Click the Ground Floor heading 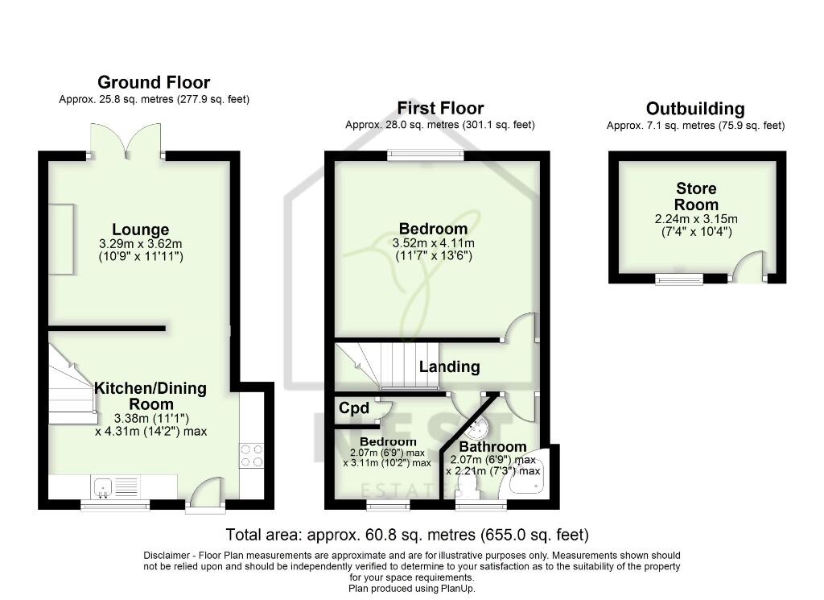pyautogui.click(x=154, y=82)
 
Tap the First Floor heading pyautogui.click(x=440, y=108)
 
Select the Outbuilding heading pyautogui.click(x=695, y=109)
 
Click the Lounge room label pyautogui.click(x=140, y=230)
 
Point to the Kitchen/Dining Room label pyautogui.click(x=150, y=395)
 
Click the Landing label pyautogui.click(x=449, y=366)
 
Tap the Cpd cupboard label pyautogui.click(x=353, y=408)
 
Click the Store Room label pyautogui.click(x=696, y=197)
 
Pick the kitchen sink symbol pyautogui.click(x=104, y=486)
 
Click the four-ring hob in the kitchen pyautogui.click(x=251, y=456)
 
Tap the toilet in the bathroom pyautogui.click(x=467, y=486)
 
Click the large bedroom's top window pyautogui.click(x=425, y=155)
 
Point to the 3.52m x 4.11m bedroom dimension pyautogui.click(x=433, y=243)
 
